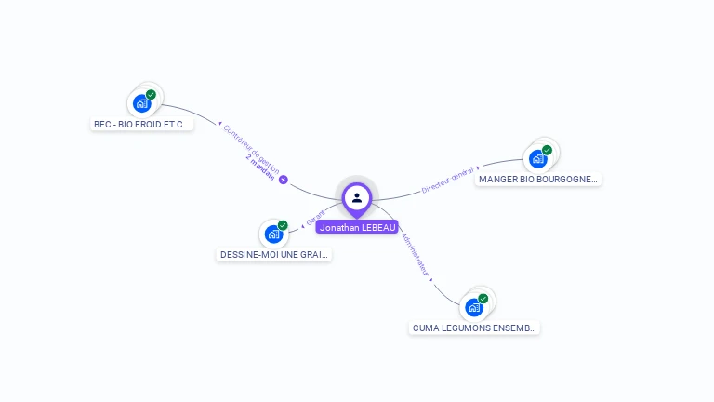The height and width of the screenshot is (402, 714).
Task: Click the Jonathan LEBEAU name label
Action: pos(357,227)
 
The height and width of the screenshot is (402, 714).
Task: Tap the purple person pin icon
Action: pos(357,197)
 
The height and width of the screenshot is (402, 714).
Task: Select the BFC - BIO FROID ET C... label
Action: pos(142,124)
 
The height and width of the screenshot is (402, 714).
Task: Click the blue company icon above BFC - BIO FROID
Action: pos(141,103)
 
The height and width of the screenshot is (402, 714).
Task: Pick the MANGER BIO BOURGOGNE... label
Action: pos(538,179)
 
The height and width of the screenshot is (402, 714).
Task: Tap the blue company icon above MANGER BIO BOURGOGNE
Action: pos(537,158)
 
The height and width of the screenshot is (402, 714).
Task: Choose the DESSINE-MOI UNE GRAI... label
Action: pos(274,254)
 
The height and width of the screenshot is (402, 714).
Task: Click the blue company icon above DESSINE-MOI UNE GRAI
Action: pos(273,234)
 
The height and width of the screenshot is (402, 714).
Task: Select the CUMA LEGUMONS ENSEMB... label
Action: pos(475,328)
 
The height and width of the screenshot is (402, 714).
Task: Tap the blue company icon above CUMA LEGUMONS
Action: pos(474,307)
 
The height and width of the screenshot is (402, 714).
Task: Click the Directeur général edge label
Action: pos(448,180)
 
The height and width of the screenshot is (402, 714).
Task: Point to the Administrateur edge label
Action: pos(414,254)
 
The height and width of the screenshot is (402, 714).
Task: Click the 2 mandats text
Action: pos(261,168)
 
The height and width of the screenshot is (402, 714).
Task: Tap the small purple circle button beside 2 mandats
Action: pos(284,180)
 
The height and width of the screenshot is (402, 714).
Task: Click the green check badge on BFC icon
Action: pos(151,94)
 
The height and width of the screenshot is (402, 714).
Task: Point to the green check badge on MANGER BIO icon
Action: pos(547,150)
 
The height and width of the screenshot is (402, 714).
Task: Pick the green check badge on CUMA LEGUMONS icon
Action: pos(483,299)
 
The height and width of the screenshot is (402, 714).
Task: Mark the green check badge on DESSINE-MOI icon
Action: pos(283,225)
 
